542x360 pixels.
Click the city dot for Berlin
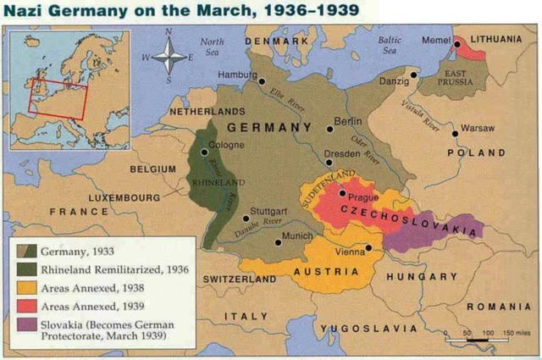point(329,130)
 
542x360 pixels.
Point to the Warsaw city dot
point(455,133)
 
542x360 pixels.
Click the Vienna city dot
point(368,247)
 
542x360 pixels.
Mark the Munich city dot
point(277,242)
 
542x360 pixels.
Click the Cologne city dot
point(204,152)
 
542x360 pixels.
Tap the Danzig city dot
point(414,75)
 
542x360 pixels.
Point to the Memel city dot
point(456,44)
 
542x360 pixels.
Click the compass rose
point(172,57)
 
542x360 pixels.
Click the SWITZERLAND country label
point(238,279)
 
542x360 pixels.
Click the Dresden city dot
point(329,162)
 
